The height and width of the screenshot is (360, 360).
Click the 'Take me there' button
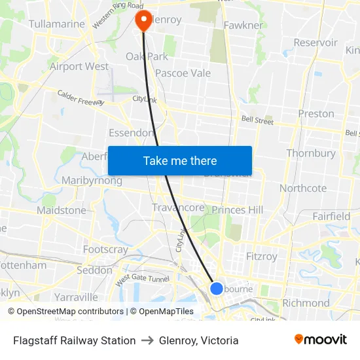pos(180,160)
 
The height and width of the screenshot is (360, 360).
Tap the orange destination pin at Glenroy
pos(143,20)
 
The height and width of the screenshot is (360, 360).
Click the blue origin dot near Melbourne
pos(217,288)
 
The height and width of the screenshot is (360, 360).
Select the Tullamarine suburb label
pos(57,24)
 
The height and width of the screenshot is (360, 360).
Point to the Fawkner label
pos(243,26)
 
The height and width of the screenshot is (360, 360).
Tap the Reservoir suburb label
pos(315,43)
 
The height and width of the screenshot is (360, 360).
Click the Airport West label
pos(79,66)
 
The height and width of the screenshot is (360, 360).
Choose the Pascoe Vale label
pos(183,73)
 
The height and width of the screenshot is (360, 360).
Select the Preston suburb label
pos(316,113)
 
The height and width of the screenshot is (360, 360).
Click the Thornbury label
pos(311,153)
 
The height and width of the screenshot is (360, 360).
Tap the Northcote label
pos(303,188)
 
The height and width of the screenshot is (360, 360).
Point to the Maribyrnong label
pos(92,180)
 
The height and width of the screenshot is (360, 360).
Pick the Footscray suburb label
pos(105,249)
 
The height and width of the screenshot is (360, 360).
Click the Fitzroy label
pos(261,257)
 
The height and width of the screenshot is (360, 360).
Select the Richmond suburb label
pos(306,303)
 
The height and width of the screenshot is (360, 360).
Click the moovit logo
pos(321,340)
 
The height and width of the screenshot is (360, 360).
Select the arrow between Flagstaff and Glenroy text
pos(147,340)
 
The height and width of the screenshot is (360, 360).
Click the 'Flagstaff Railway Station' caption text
pos(75,340)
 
